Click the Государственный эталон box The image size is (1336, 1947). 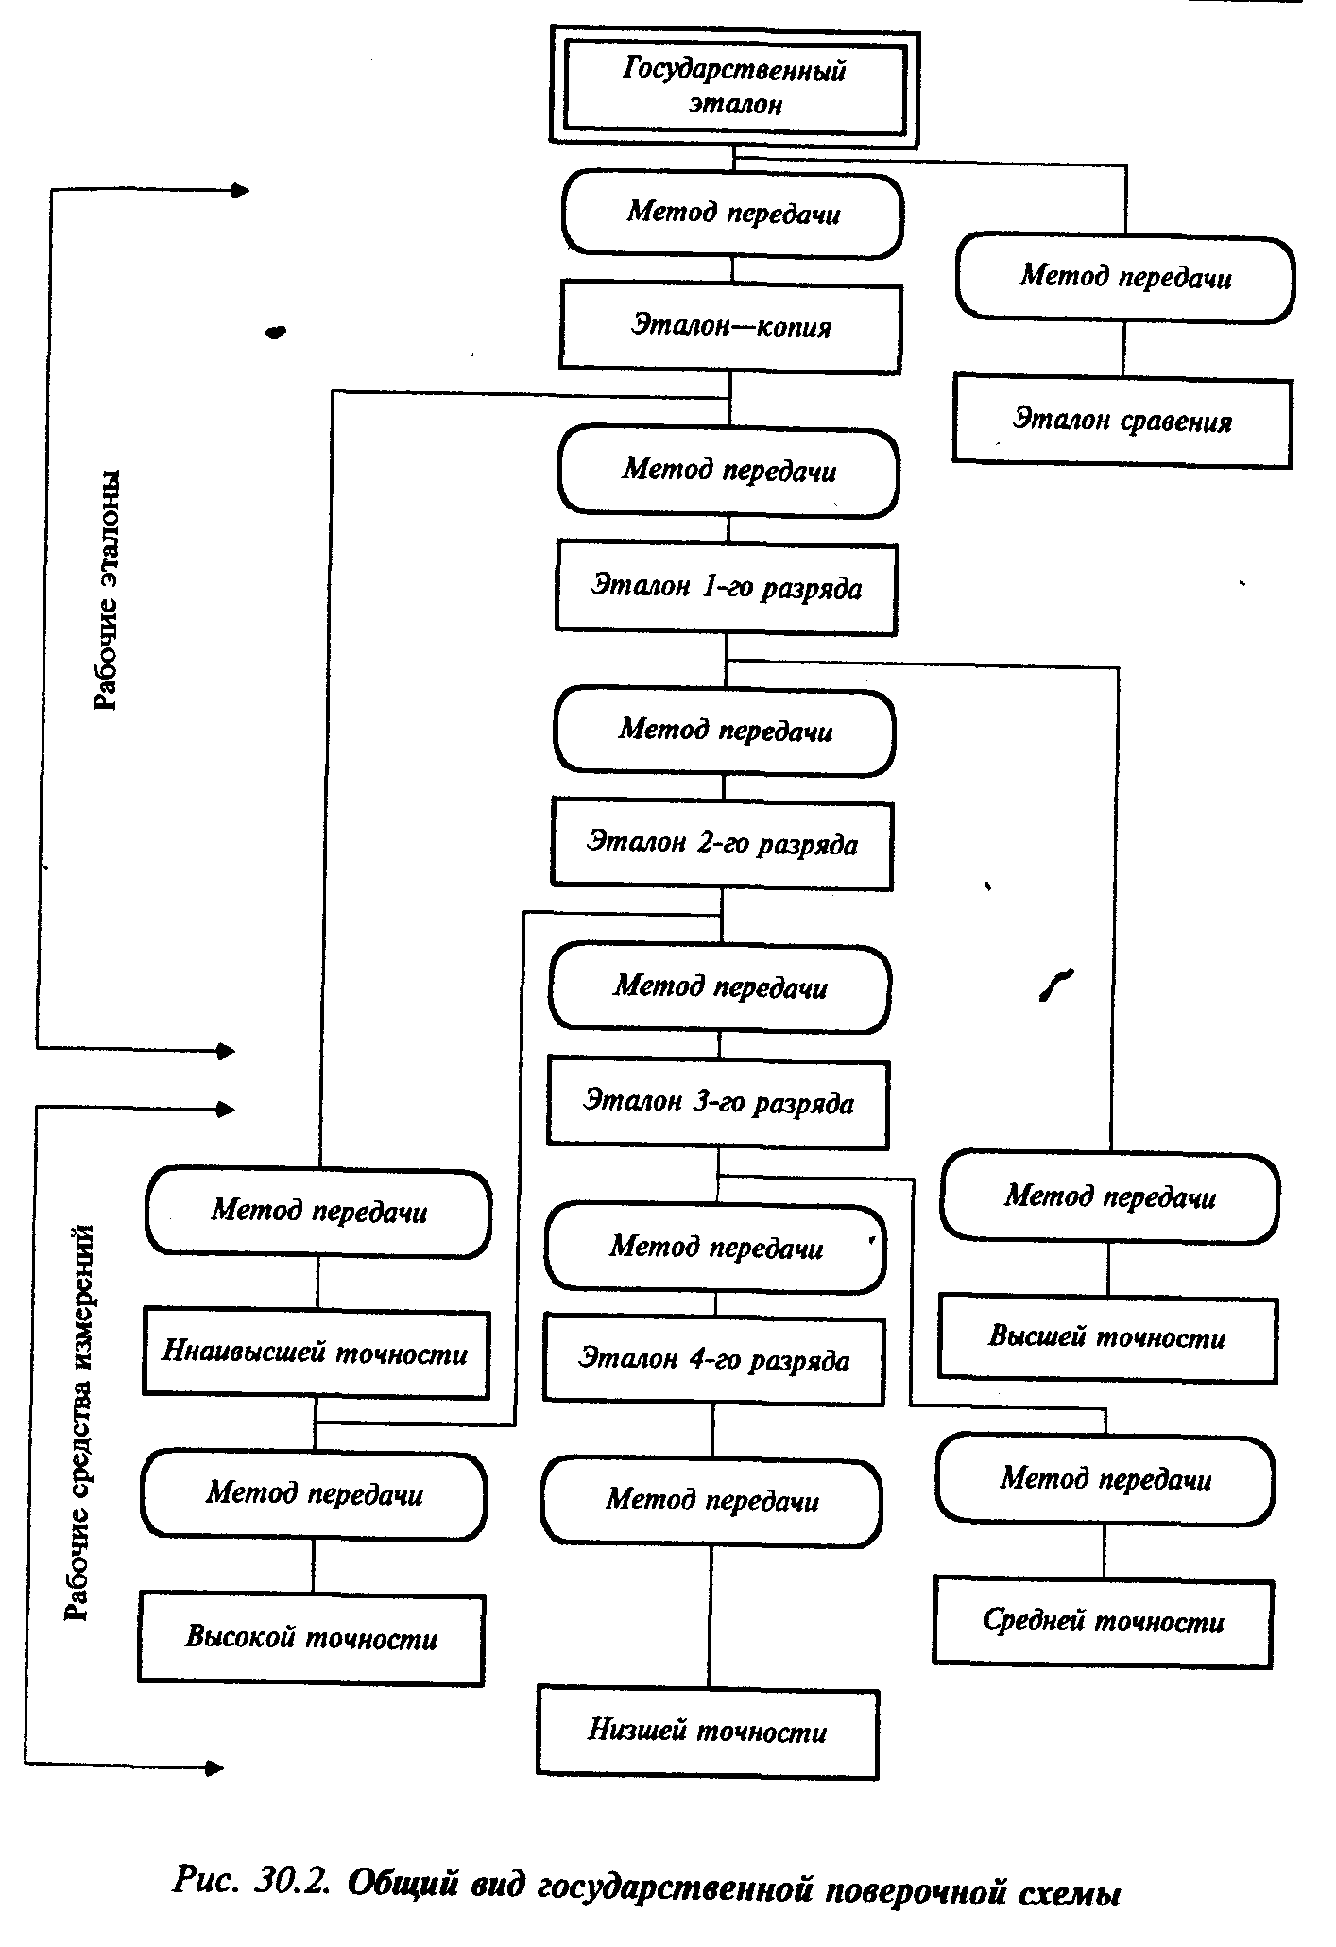734,88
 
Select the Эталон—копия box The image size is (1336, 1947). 730,328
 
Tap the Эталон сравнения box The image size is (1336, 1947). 1122,420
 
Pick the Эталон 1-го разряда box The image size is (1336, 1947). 726,587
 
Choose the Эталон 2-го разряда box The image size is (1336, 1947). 722,843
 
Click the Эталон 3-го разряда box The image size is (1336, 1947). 718,1102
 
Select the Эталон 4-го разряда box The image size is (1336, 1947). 714,1360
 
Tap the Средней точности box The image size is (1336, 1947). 1103,1621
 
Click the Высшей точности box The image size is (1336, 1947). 1107,1336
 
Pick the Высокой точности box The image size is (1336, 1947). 312,1638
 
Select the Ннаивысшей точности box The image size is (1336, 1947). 316,1353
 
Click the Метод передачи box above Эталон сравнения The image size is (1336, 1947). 1125,278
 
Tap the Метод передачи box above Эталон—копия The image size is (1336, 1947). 733,213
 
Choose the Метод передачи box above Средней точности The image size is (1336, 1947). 1105,1479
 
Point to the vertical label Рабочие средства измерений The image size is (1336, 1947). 80,1421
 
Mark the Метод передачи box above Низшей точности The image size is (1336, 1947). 711,1501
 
